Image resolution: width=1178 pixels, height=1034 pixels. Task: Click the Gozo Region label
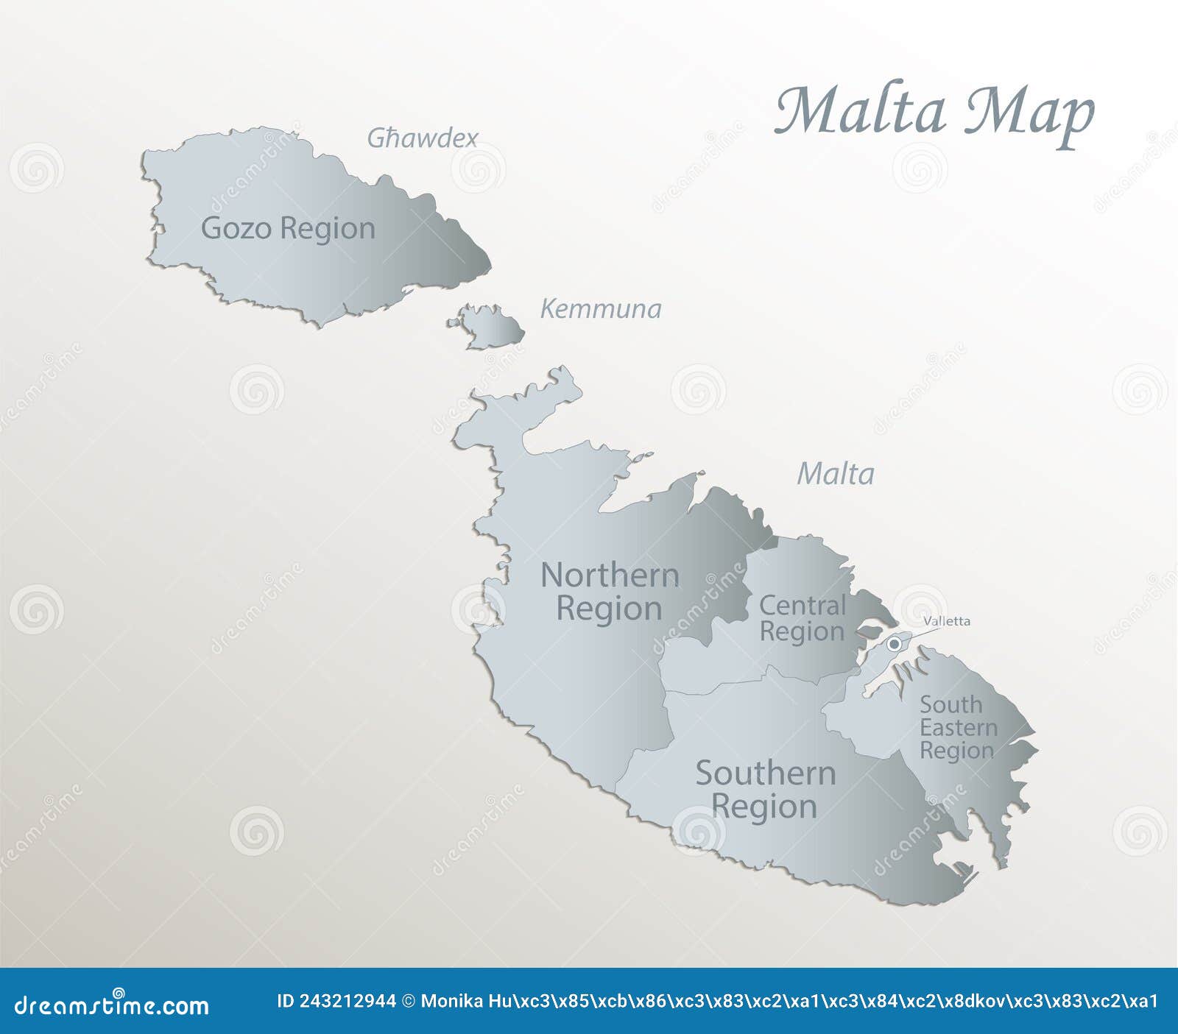click(288, 228)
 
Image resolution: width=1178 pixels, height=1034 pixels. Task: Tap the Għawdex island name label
click(423, 138)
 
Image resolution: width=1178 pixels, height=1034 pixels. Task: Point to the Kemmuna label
click(601, 309)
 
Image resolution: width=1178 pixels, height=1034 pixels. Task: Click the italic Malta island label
click(836, 474)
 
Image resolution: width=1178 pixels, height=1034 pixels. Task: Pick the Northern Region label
click(610, 592)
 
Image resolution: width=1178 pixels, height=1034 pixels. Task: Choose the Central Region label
click(802, 618)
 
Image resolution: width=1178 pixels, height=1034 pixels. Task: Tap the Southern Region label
click(766, 790)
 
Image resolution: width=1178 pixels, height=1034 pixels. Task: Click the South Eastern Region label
click(958, 728)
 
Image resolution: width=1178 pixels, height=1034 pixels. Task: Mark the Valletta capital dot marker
click(894, 645)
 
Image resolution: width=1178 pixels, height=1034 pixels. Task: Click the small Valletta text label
click(947, 621)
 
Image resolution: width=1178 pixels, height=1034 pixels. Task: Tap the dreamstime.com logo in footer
click(112, 1004)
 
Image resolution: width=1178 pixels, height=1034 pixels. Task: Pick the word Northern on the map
click(610, 576)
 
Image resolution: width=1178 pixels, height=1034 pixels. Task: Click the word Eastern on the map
click(959, 728)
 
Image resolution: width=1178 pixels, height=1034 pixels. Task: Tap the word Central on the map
click(803, 606)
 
